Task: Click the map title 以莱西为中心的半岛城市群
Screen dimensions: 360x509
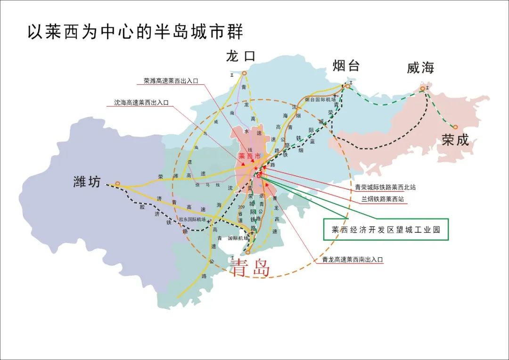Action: point(136,33)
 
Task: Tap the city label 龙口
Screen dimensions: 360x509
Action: point(240,57)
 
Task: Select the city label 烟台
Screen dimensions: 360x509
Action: point(346,65)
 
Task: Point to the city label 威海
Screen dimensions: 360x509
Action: point(420,68)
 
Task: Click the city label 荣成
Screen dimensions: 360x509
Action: point(455,140)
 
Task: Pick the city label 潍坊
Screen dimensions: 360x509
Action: point(87,181)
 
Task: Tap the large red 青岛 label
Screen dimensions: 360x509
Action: point(250,268)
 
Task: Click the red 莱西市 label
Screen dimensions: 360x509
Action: point(250,156)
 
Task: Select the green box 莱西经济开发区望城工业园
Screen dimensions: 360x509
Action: point(386,229)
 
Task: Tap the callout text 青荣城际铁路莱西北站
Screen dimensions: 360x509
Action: point(386,187)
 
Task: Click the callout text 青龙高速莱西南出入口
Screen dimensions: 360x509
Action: point(353,259)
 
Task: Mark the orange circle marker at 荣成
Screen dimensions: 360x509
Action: point(456,127)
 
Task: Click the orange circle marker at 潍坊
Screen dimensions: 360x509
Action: point(117,184)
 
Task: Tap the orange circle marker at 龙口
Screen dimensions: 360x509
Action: point(244,73)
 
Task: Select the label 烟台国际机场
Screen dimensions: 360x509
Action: point(320,99)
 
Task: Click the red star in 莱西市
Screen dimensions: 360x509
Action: point(256,168)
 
